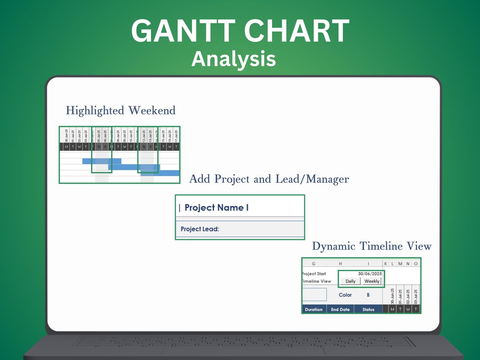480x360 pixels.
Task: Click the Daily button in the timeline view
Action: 350,281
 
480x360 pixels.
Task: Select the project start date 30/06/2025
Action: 370,274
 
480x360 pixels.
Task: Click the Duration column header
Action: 314,309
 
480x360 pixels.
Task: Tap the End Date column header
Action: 340,309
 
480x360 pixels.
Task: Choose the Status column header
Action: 368,309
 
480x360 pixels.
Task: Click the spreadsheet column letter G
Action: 314,264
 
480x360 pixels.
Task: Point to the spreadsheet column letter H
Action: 340,264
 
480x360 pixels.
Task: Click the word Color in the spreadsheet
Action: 345,295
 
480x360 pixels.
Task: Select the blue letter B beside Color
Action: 368,295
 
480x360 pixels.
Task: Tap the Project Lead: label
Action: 200,229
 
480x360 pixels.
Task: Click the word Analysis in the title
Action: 234,59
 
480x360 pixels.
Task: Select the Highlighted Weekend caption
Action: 120,111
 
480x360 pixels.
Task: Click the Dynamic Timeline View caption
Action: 372,246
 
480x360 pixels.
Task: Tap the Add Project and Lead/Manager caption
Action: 269,179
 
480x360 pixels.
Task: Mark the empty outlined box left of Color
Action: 315,294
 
